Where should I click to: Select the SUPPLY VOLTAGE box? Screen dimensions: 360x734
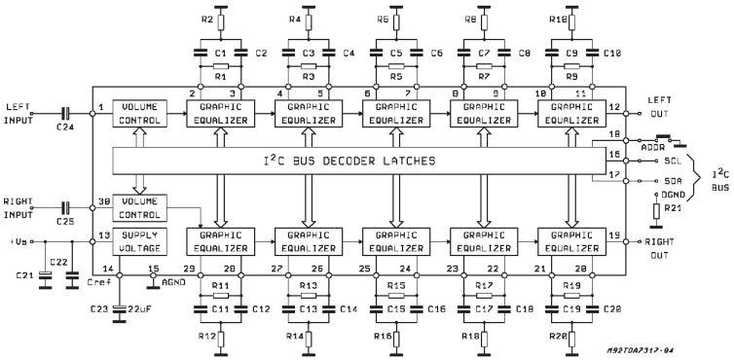point(141,240)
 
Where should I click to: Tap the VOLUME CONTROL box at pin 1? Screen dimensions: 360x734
point(141,113)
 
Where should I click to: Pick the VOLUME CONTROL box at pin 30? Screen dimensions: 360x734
point(141,206)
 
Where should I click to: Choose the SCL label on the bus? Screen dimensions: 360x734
point(673,161)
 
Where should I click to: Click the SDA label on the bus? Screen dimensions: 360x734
point(673,180)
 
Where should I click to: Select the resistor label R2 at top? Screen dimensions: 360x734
point(205,18)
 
